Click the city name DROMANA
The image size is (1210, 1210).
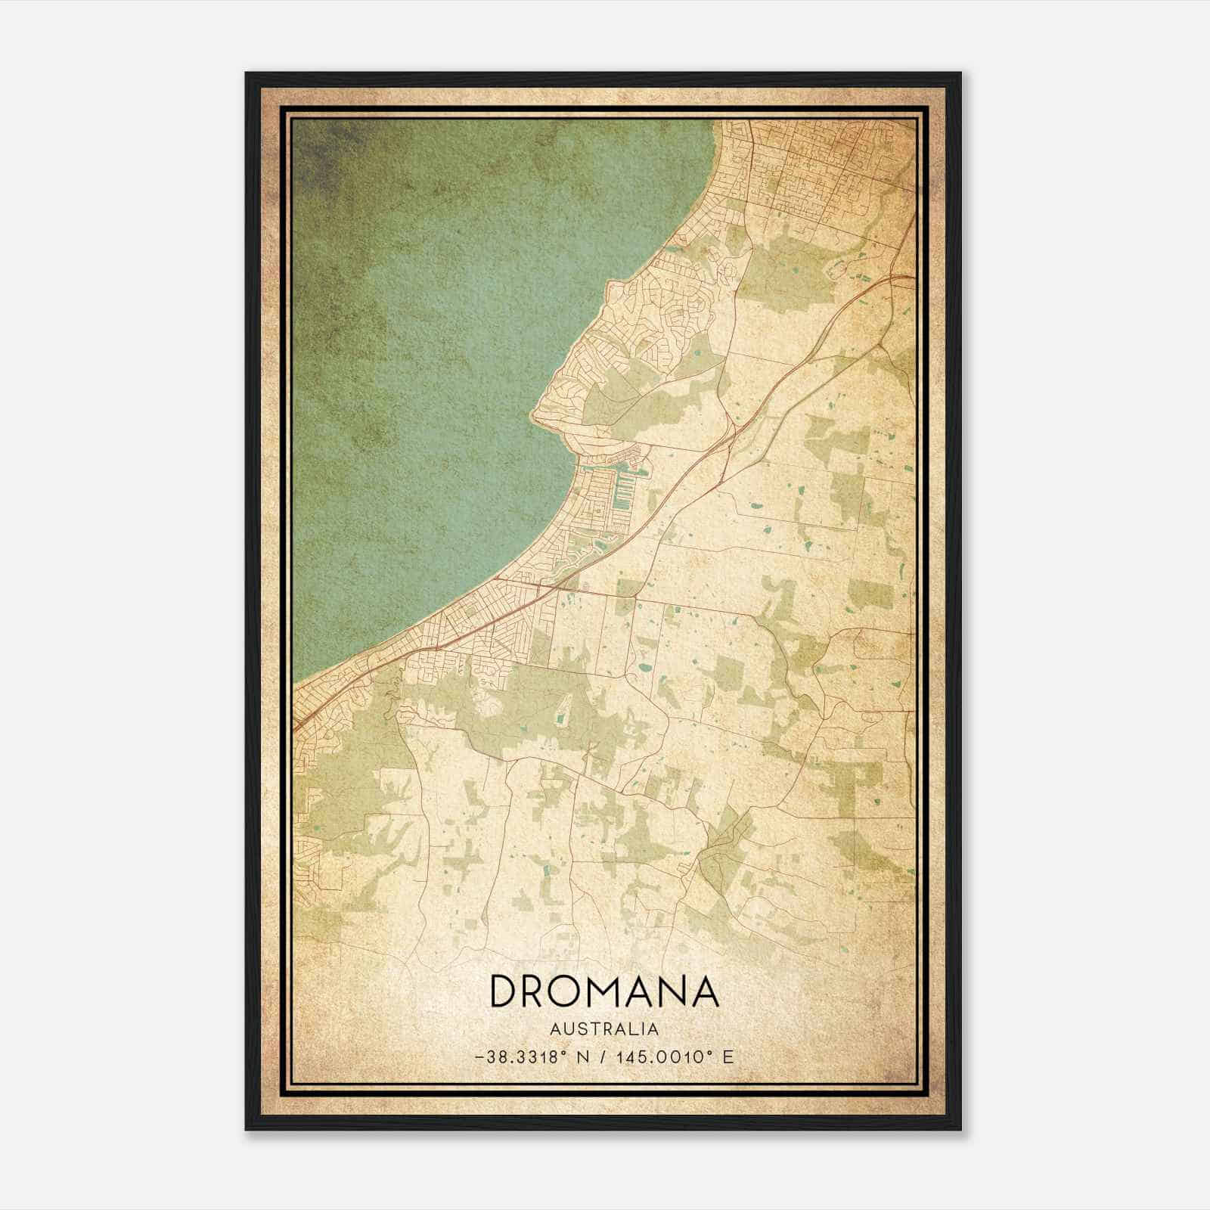click(x=604, y=991)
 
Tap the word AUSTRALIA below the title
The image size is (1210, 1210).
click(x=604, y=1029)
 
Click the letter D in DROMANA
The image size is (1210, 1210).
click(x=505, y=991)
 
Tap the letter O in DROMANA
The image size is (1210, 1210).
click(x=573, y=991)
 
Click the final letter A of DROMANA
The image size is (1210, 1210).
click(x=704, y=991)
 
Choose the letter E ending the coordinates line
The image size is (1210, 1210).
click(x=728, y=1057)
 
